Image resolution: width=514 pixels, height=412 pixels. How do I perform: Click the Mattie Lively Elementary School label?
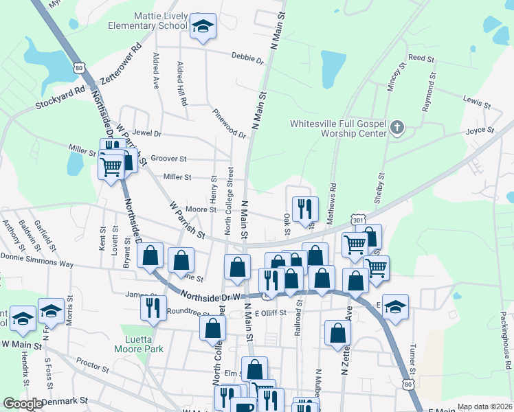click(147, 19)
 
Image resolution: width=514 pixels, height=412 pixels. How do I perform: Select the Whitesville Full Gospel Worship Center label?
click(338, 128)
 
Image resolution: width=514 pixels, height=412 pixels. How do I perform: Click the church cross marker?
click(397, 127)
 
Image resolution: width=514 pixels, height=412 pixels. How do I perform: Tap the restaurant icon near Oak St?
click(305, 209)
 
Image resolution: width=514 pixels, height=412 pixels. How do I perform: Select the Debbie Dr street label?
click(247, 59)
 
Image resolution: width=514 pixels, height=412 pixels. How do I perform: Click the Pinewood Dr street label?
click(229, 123)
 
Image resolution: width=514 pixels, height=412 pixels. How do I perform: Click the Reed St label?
click(422, 59)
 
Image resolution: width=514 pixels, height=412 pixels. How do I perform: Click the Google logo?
click(22, 404)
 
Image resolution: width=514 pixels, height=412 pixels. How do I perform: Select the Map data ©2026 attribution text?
click(484, 407)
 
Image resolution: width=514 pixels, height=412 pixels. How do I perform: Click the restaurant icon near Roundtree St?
click(153, 307)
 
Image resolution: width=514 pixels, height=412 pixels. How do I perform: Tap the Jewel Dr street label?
click(147, 133)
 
